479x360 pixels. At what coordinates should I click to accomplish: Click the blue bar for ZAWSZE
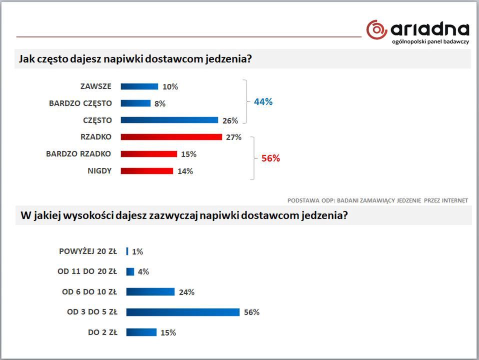tap(139, 86)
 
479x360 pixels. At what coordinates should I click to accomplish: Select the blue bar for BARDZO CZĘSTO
tap(135, 103)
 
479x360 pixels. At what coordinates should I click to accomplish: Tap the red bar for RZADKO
tap(171, 137)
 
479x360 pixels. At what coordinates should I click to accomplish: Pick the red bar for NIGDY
tap(147, 171)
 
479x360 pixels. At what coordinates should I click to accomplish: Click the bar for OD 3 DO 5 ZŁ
tap(183, 312)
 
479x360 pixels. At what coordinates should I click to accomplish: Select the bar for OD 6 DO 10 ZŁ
tap(150, 292)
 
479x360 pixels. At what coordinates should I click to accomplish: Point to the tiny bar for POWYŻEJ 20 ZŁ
tap(127, 251)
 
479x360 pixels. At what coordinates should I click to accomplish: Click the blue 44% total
tap(263, 102)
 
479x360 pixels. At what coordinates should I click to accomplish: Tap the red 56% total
tap(270, 158)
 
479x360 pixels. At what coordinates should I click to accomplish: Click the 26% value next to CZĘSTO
tap(230, 120)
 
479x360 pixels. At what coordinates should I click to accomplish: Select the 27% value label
tap(233, 137)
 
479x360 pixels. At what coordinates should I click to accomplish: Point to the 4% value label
tap(143, 272)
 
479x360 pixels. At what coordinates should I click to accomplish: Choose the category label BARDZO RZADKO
tap(78, 154)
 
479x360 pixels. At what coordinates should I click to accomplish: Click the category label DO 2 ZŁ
tap(102, 332)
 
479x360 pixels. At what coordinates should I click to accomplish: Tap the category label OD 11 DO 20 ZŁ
tap(87, 271)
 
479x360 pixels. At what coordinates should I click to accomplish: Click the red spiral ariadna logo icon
tap(376, 29)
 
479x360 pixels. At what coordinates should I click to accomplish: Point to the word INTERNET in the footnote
tap(453, 200)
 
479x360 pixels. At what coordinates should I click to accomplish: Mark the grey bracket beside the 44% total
tap(245, 102)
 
